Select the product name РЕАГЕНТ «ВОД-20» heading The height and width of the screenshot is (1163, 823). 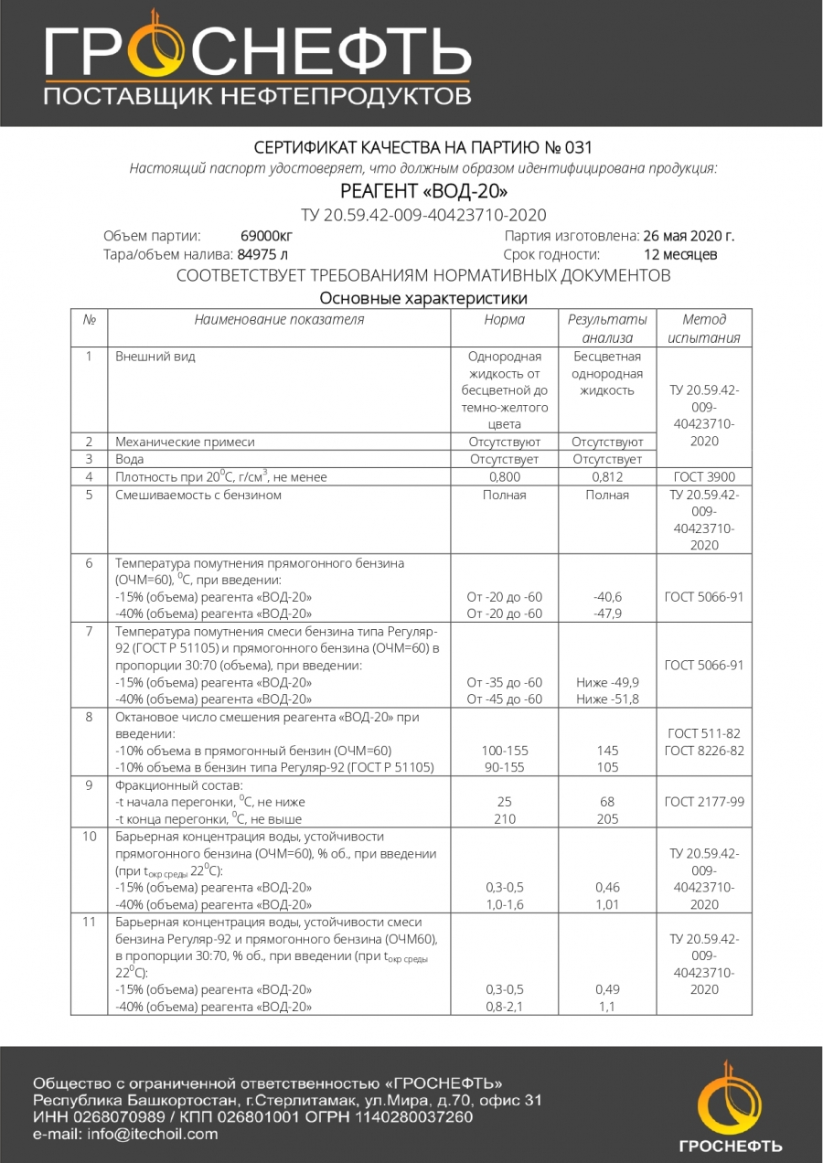(x=423, y=191)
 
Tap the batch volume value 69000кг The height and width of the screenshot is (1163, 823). (x=266, y=236)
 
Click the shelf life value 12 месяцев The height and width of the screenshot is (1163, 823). (x=680, y=254)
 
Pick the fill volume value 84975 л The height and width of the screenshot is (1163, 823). (x=262, y=254)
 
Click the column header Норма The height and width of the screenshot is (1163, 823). (x=504, y=320)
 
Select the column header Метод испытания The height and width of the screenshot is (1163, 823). (x=704, y=328)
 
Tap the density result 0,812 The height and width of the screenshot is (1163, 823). (x=607, y=477)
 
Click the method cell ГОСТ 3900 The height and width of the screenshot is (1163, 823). (x=704, y=477)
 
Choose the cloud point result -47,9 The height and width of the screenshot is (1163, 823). (x=607, y=614)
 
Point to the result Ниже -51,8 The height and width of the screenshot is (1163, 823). (x=607, y=699)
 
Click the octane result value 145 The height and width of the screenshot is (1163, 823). (x=607, y=751)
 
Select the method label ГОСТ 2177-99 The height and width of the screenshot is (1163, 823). (x=704, y=802)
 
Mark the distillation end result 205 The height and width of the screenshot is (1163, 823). (x=607, y=819)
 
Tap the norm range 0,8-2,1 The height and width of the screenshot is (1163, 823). (x=504, y=1007)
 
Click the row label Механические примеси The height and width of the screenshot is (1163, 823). (x=185, y=442)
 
